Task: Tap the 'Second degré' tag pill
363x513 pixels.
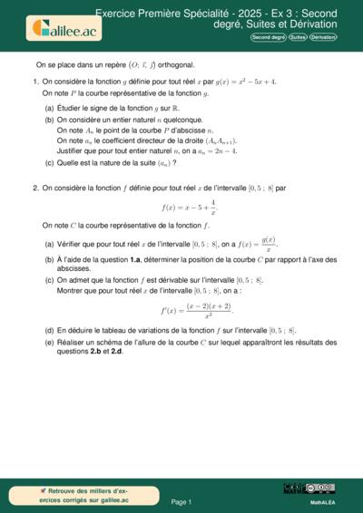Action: click(268, 37)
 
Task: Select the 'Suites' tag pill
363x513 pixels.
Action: click(298, 37)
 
